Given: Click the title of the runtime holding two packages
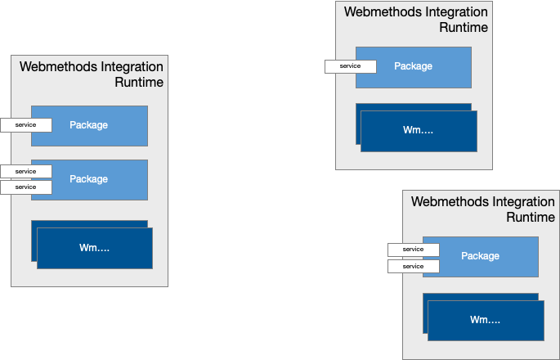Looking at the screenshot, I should click(92, 74).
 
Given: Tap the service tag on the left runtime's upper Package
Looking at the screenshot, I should click(25, 125).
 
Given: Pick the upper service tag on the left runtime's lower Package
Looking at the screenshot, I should click(25, 171).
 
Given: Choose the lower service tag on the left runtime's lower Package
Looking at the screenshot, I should click(25, 187).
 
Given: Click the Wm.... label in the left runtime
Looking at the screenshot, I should click(94, 248).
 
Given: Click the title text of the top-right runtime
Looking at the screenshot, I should click(416, 20).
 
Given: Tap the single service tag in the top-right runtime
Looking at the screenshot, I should click(350, 66).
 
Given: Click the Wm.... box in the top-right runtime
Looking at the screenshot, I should click(419, 131).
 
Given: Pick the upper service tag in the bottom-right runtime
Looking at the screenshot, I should click(413, 250).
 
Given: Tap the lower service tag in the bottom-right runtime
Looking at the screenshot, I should click(413, 266).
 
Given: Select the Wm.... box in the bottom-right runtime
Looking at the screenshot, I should click(486, 320).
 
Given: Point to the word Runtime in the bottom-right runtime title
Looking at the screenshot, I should click(531, 218).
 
